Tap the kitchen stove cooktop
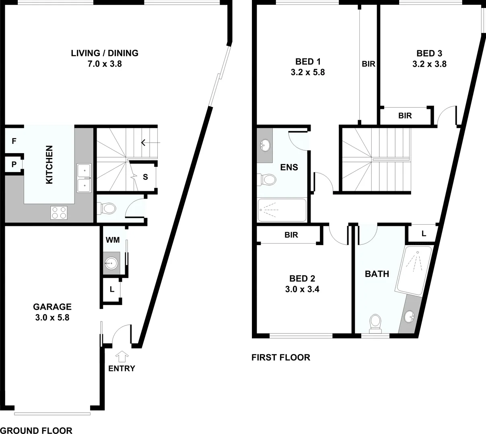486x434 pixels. click(x=59, y=212)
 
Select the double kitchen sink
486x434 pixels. click(x=84, y=177)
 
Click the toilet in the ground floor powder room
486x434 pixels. click(x=107, y=208)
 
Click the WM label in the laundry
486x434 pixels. click(x=113, y=240)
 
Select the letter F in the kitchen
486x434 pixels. click(x=14, y=141)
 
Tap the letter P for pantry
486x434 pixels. click(x=14, y=164)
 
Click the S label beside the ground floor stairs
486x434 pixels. click(x=145, y=176)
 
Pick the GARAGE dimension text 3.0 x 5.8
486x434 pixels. click(x=52, y=317)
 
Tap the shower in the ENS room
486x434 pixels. click(x=282, y=210)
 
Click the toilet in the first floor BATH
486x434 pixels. click(x=375, y=322)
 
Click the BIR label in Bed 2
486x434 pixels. click(x=291, y=235)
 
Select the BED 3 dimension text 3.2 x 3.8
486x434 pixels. click(x=429, y=64)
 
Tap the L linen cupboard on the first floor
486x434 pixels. click(x=424, y=233)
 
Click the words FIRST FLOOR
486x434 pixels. click(x=281, y=357)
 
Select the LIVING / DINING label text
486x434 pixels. click(x=105, y=53)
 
